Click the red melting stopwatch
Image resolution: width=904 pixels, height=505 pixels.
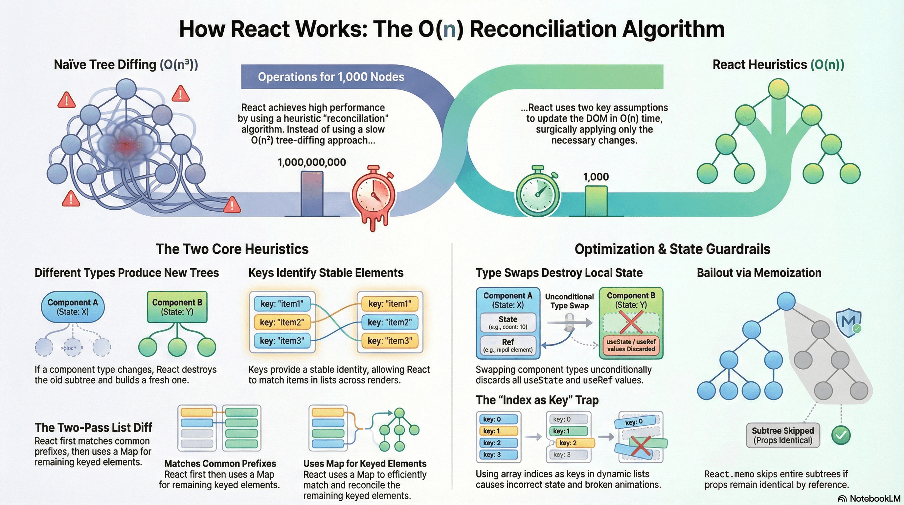pyautogui.click(x=373, y=195)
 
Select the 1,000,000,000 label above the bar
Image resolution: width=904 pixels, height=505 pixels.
pyautogui.click(x=312, y=162)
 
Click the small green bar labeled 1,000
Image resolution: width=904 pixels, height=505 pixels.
pyautogui.click(x=596, y=201)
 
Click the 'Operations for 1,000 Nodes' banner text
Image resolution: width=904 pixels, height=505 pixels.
pyautogui.click(x=331, y=77)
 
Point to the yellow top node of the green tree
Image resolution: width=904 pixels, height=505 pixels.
pyautogui.click(x=779, y=88)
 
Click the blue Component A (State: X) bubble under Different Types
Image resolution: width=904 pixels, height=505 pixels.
pyautogui.click(x=73, y=307)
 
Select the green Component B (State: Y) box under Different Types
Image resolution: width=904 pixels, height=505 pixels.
pyautogui.click(x=177, y=307)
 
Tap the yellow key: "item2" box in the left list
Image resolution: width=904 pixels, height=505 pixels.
pyautogui.click(x=282, y=322)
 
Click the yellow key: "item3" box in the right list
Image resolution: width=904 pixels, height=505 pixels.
pyautogui.click(x=390, y=341)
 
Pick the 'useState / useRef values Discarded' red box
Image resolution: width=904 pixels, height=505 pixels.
pyautogui.click(x=631, y=345)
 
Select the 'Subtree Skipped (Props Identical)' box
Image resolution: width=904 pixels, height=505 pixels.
pyautogui.click(x=782, y=436)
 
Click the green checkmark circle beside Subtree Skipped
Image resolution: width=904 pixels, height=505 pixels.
pyautogui.click(x=841, y=436)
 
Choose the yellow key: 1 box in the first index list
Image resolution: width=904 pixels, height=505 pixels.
pyautogui.click(x=498, y=431)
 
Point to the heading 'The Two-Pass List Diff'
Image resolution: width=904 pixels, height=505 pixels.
pyautogui.click(x=93, y=427)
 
